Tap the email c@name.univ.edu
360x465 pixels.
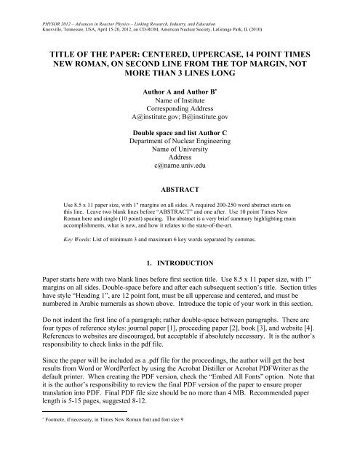click(180, 166)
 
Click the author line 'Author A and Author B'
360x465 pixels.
click(179, 92)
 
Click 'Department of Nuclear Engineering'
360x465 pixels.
click(180, 145)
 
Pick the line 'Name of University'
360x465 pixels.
click(180, 155)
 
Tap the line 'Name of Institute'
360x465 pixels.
click(180, 102)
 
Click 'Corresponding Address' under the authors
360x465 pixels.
click(180, 113)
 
